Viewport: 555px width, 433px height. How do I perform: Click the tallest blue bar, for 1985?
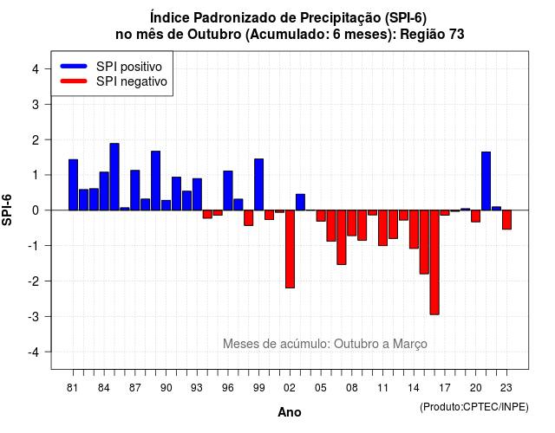pyautogui.click(x=114, y=177)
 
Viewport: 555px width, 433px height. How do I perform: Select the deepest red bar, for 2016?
pyautogui.click(x=434, y=262)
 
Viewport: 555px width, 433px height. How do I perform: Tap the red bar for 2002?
pyautogui.click(x=290, y=249)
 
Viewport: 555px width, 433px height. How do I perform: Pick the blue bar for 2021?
pyautogui.click(x=486, y=181)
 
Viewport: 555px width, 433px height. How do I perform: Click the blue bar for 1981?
pyautogui.click(x=73, y=184)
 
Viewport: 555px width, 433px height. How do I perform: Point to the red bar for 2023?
pyautogui.click(x=506, y=219)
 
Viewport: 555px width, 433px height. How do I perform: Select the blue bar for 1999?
pyautogui.click(x=258, y=184)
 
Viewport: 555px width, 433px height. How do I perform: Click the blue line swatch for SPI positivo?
pyautogui.click(x=74, y=66)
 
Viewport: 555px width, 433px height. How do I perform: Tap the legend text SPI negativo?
pyautogui.click(x=131, y=81)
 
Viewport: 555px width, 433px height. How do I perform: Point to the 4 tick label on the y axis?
pyautogui.click(x=36, y=69)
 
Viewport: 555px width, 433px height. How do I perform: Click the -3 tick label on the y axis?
pyautogui.click(x=33, y=316)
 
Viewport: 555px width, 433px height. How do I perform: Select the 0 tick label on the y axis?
pyautogui.click(x=36, y=210)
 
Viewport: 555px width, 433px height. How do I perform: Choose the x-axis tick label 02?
pyautogui.click(x=290, y=388)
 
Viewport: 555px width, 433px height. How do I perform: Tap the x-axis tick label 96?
pyautogui.click(x=227, y=388)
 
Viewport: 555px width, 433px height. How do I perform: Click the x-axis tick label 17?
pyautogui.click(x=445, y=388)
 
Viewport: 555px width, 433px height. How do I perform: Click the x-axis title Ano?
pyautogui.click(x=290, y=412)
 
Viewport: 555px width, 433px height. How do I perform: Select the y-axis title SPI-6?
pyautogui.click(x=7, y=210)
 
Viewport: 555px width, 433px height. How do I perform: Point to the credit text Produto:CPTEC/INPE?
pyautogui.click(x=474, y=407)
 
